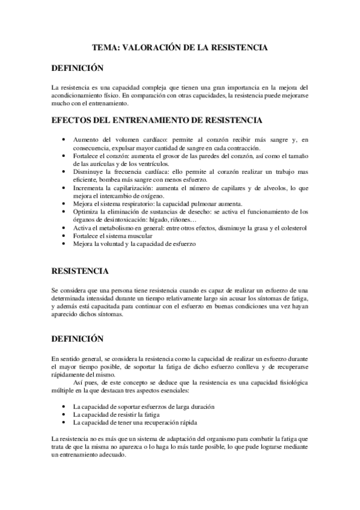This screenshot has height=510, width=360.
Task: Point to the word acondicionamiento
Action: [79, 95]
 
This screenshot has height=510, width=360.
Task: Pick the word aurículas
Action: [108, 164]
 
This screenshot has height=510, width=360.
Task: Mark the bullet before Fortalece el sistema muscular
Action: [64, 237]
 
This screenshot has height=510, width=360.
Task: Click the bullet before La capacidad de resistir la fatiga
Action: [64, 415]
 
